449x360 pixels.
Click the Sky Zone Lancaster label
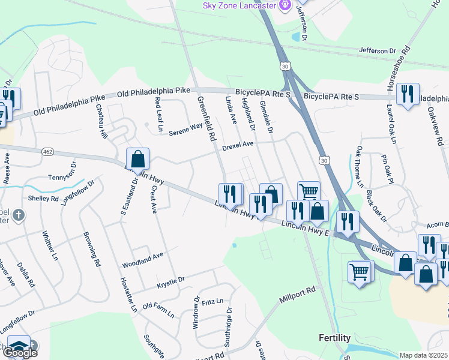point(238,5)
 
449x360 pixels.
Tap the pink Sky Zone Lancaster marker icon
point(285,5)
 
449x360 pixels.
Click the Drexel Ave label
point(238,145)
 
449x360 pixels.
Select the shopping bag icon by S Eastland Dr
point(137,159)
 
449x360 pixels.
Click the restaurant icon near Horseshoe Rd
point(408,94)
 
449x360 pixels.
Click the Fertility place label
point(334,338)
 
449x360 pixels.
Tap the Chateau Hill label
point(101,122)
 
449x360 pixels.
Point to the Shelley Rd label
point(43,198)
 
